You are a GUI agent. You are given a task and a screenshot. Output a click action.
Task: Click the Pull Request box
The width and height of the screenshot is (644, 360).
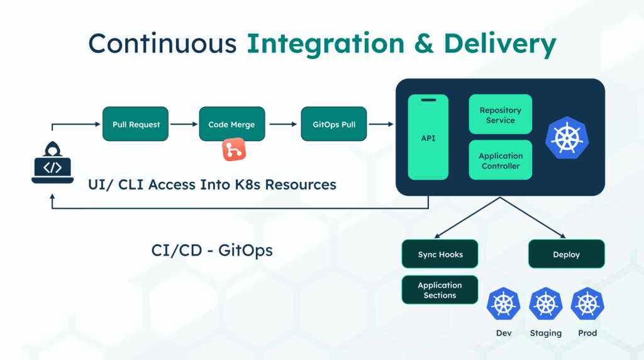pyautogui.click(x=136, y=124)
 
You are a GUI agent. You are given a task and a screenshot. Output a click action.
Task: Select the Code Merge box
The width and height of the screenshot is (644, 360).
pyautogui.click(x=231, y=124)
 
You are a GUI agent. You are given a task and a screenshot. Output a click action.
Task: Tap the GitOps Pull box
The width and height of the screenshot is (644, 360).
pyautogui.click(x=334, y=124)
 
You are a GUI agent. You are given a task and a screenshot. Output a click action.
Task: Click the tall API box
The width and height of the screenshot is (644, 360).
pyautogui.click(x=428, y=137)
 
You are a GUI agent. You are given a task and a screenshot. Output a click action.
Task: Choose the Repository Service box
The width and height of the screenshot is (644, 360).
pyautogui.click(x=501, y=115)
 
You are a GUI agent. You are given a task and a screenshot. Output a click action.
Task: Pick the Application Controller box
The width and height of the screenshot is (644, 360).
pyautogui.click(x=501, y=160)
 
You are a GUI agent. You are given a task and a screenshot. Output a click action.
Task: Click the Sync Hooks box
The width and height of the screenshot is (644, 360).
pyautogui.click(x=440, y=254)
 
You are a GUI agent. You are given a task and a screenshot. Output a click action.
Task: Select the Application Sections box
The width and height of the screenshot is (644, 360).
pyautogui.click(x=440, y=290)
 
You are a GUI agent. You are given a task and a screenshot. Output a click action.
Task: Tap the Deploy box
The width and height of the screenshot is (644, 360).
pyautogui.click(x=567, y=254)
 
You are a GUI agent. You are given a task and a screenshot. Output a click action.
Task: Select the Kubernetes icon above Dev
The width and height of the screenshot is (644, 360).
pyautogui.click(x=503, y=305)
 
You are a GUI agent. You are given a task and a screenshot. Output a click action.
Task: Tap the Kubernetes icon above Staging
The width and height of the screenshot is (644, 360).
pyautogui.click(x=545, y=305)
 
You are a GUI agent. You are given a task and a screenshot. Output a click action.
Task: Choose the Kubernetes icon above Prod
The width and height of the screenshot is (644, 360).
pyautogui.click(x=587, y=305)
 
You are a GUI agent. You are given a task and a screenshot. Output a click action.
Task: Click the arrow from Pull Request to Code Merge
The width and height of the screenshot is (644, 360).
pyautogui.click(x=184, y=124)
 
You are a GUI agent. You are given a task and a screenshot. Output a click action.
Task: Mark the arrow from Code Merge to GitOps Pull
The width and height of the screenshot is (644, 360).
pyautogui.click(x=282, y=124)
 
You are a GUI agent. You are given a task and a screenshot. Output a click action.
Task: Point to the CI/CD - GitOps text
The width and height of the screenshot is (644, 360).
pyautogui.click(x=212, y=250)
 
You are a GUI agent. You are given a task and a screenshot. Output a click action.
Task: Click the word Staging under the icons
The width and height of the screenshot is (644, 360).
pyautogui.click(x=545, y=333)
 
